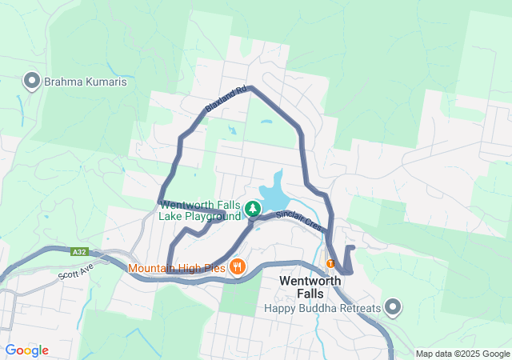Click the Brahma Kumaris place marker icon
click(x=32, y=81)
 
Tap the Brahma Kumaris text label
click(x=85, y=82)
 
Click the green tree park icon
click(x=253, y=210)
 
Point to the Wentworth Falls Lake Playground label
click(x=201, y=210)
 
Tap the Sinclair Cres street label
click(x=298, y=220)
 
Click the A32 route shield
click(x=78, y=251)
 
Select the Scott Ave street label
click(x=77, y=270)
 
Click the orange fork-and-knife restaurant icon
click(x=237, y=266)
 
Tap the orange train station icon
click(x=330, y=264)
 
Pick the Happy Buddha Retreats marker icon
click(x=393, y=307)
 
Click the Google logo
click(x=26, y=350)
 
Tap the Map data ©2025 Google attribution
click(x=462, y=354)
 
